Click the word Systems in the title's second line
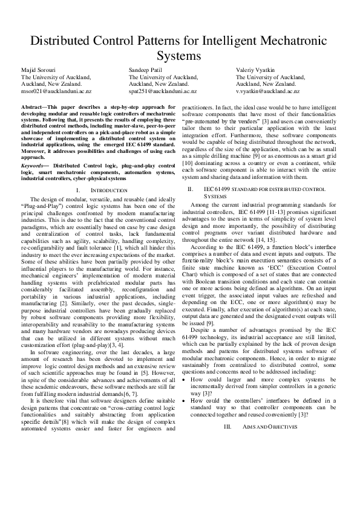(x=180, y=57)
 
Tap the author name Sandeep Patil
(x=146, y=71)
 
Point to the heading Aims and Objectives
(x=266, y=427)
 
